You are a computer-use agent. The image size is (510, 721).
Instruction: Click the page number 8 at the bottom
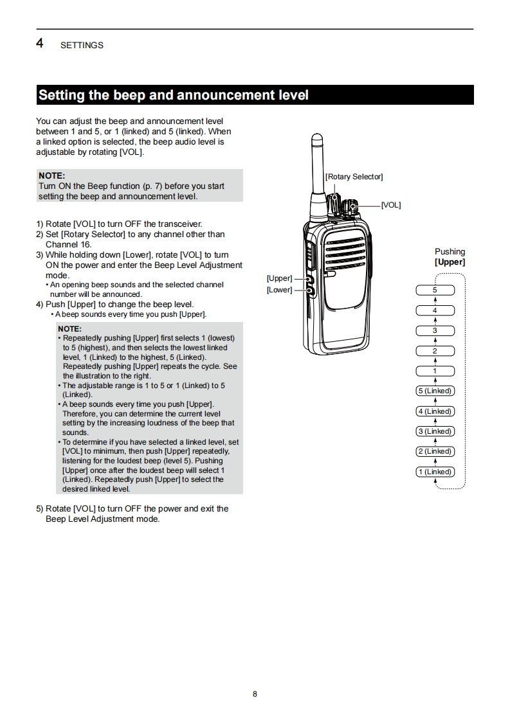pos(255,694)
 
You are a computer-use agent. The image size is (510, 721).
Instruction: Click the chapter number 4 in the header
pos(40,44)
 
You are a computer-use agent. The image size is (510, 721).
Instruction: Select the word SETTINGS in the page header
pos(82,46)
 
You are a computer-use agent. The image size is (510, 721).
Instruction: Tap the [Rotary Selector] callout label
pos(354,177)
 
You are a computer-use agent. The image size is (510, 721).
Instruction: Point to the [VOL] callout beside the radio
pos(390,205)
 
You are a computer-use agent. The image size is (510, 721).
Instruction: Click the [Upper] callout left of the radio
pos(279,278)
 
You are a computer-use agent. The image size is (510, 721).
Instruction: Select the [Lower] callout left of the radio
pos(279,290)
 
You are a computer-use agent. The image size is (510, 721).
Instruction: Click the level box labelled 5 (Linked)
pos(435,391)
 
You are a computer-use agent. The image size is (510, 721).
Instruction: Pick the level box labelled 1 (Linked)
pos(435,472)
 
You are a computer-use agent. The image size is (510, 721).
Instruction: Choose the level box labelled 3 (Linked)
pos(435,431)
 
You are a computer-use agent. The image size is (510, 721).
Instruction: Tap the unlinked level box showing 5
pos(435,290)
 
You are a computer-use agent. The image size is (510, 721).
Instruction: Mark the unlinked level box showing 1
pos(435,371)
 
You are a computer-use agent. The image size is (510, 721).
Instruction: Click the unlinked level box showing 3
pos(435,331)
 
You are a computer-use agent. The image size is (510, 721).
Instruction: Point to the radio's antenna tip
pos(316,138)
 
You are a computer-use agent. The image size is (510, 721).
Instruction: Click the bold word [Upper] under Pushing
pos(450,262)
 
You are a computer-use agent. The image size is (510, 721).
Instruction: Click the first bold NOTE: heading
pos(51,175)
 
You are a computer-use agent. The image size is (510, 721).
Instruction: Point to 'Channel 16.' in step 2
pos(68,244)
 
